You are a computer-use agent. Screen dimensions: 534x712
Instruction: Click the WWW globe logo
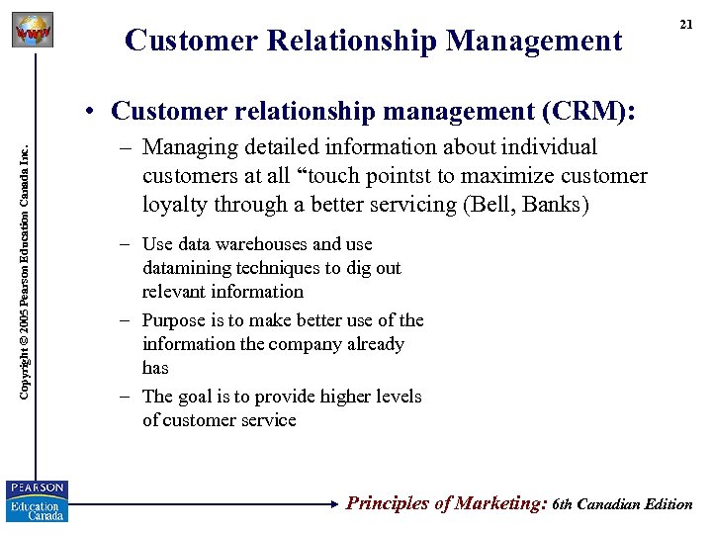coord(32,31)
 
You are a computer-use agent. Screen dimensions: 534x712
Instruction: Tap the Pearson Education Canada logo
coord(37,501)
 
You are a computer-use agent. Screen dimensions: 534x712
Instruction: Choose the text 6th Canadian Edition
coord(623,504)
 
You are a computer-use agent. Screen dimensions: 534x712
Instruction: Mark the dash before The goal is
coord(127,398)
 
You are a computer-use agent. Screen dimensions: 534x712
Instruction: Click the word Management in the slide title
coord(534,41)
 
